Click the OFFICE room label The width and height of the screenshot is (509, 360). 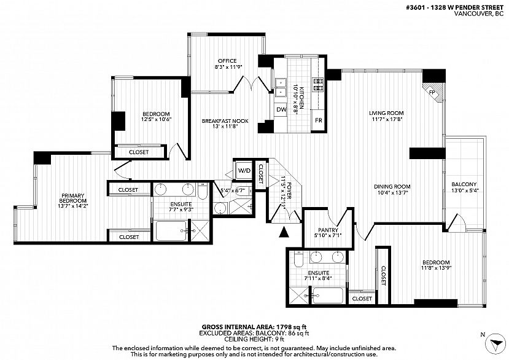click(x=227, y=61)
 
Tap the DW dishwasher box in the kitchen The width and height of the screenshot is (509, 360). click(x=281, y=109)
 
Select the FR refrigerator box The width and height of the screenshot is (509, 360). click(x=319, y=120)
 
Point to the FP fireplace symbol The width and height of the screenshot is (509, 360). click(x=433, y=92)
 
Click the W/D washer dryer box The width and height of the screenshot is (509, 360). click(x=244, y=170)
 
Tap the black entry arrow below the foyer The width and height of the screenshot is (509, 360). click(x=284, y=232)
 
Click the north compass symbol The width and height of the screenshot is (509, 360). click(x=495, y=343)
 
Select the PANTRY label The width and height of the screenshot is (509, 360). click(x=328, y=230)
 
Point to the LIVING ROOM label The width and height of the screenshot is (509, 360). click(x=386, y=113)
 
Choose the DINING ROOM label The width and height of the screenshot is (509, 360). click(x=392, y=187)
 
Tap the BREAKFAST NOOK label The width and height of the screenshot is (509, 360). click(x=225, y=121)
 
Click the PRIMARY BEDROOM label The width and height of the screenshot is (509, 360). click(x=72, y=198)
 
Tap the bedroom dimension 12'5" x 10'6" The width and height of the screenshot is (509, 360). click(x=156, y=119)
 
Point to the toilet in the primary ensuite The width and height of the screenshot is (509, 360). click(x=203, y=190)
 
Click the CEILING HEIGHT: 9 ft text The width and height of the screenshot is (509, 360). click(x=254, y=339)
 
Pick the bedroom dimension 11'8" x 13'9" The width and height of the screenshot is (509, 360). click(x=437, y=268)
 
